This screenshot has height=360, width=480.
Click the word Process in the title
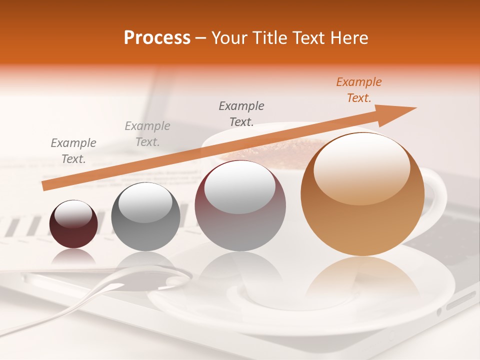(157, 38)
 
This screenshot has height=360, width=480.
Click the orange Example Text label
(359, 90)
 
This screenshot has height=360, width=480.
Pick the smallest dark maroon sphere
(73, 224)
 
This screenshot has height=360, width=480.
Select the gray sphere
(145, 216)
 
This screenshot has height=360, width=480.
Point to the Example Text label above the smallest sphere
(73, 151)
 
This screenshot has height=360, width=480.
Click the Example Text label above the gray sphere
(147, 134)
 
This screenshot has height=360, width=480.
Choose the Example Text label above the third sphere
(241, 113)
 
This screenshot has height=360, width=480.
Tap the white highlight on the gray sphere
(145, 201)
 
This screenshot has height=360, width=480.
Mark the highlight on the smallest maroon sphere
(73, 214)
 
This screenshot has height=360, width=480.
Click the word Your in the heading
(228, 38)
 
